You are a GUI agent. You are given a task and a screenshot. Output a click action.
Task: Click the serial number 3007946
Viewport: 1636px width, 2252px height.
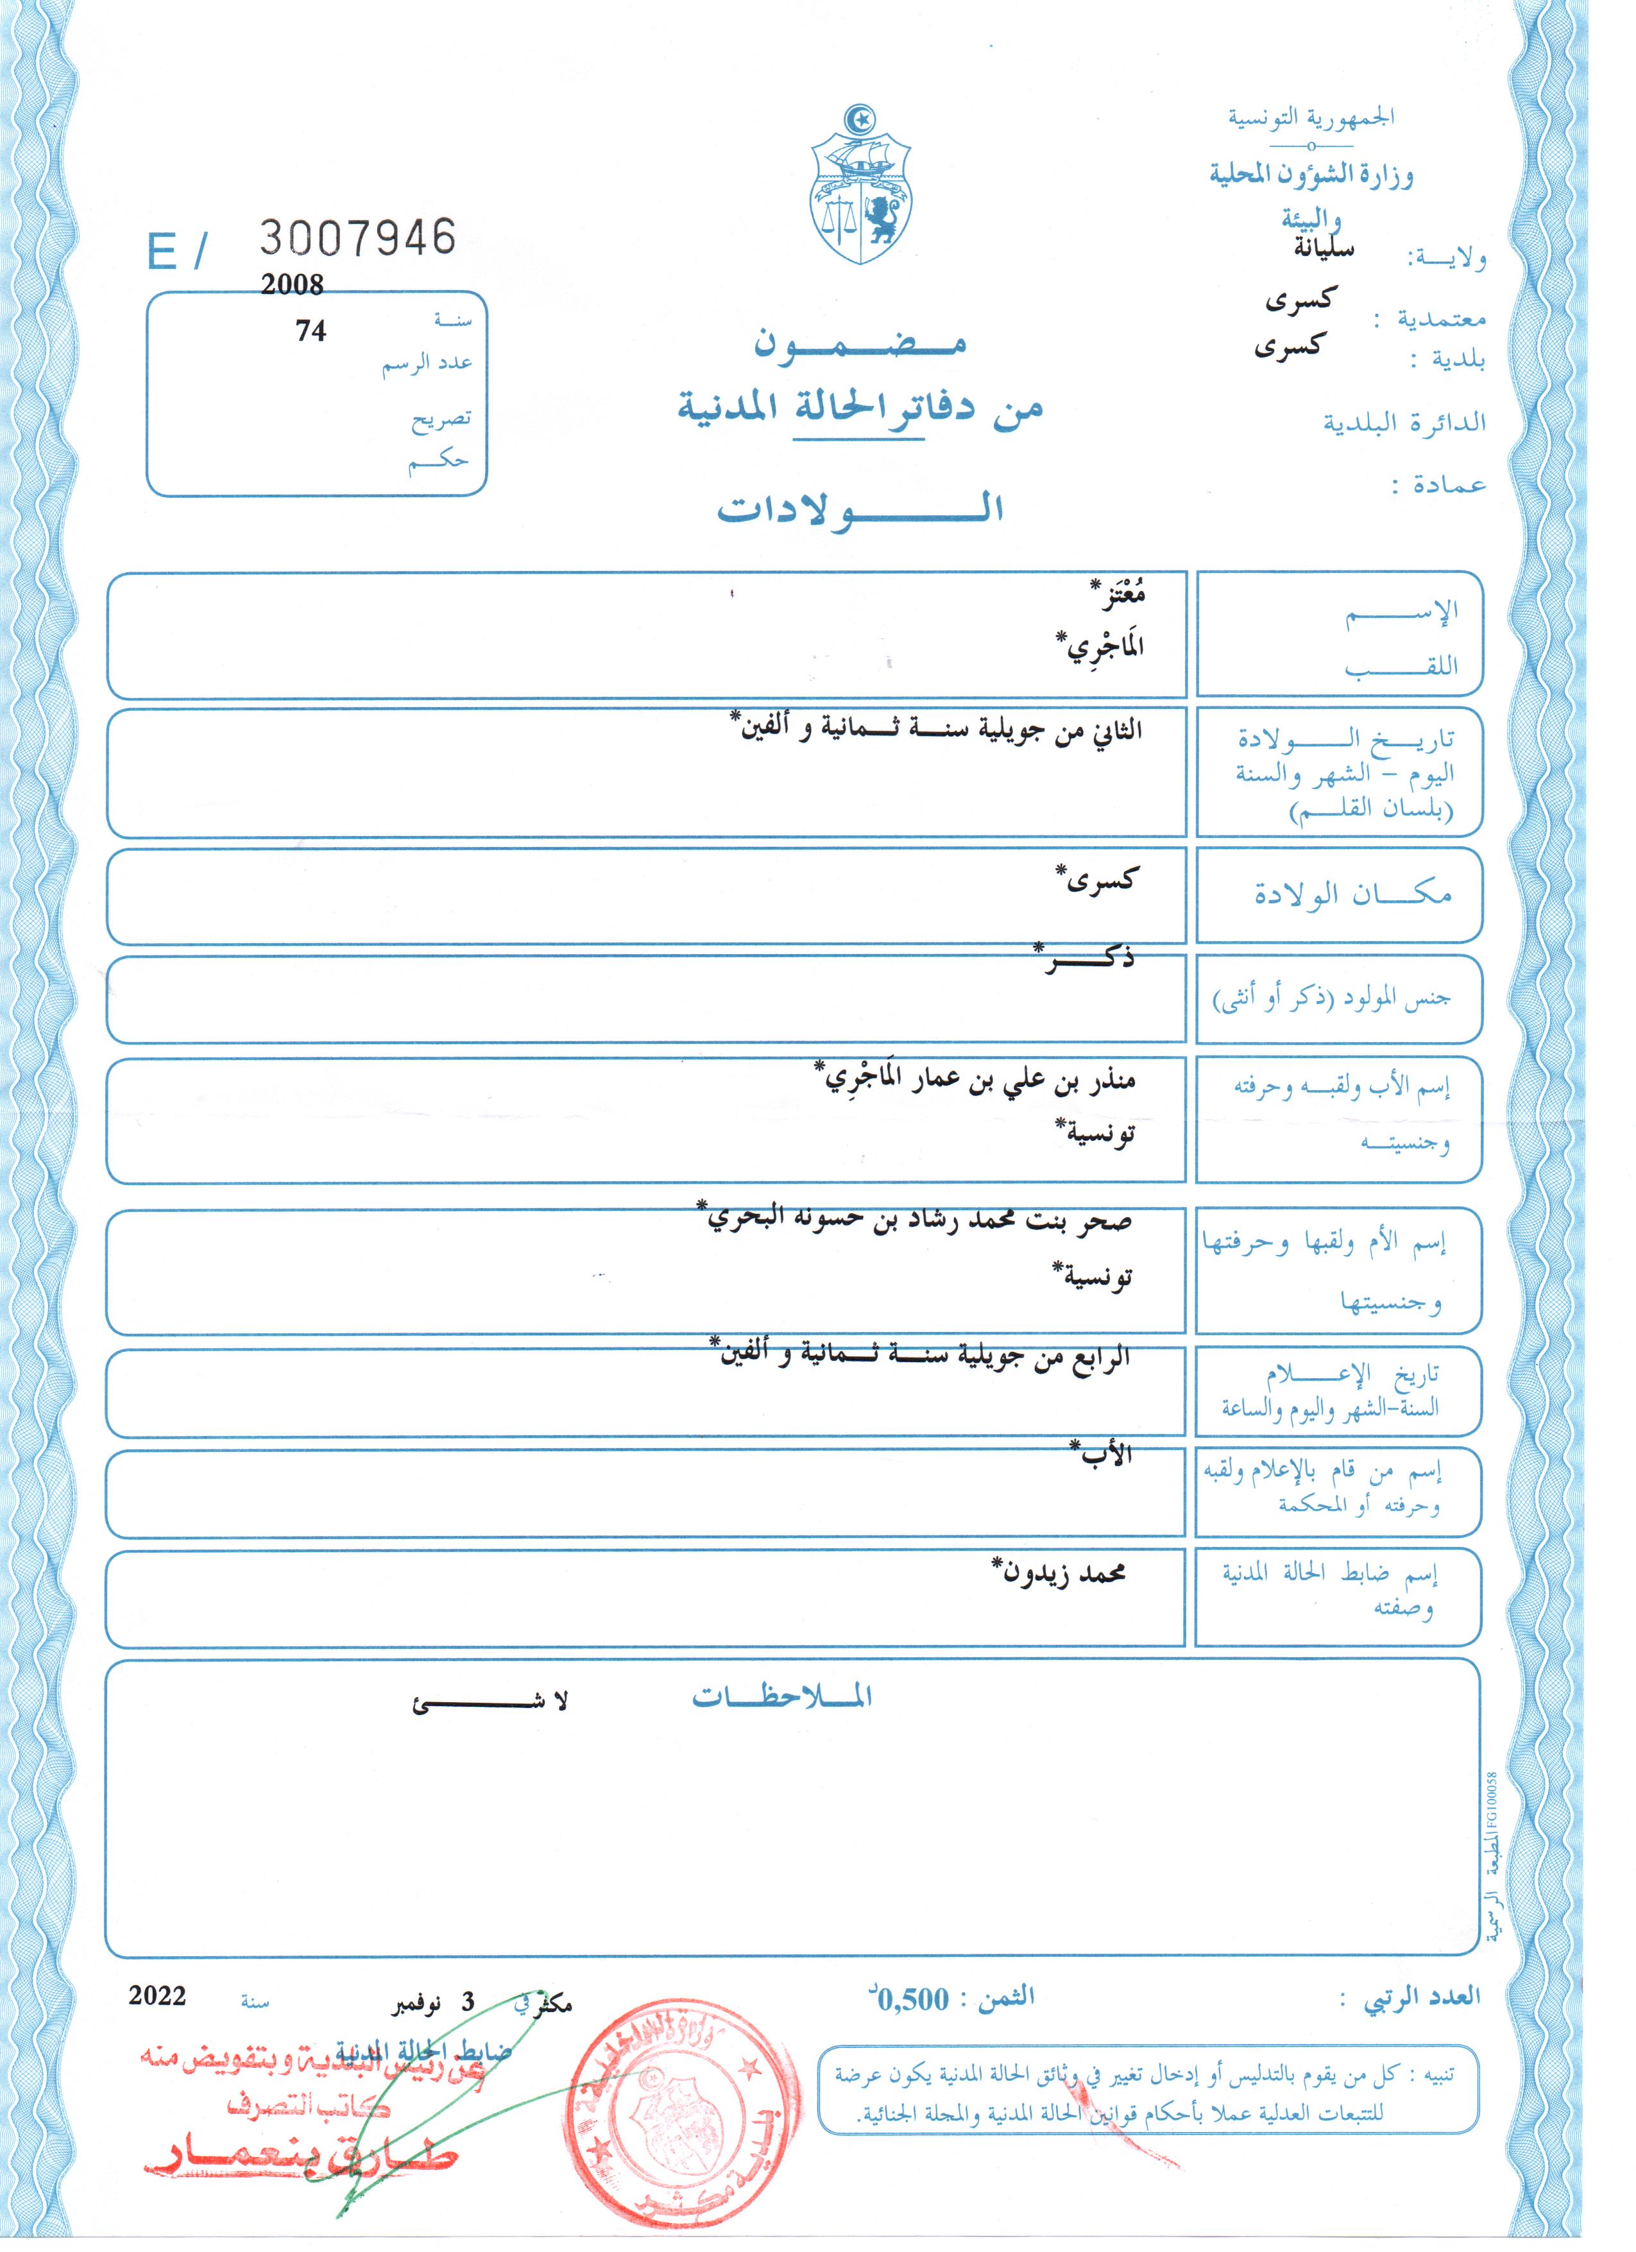click(357, 238)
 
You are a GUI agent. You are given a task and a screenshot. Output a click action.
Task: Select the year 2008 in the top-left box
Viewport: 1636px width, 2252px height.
click(292, 285)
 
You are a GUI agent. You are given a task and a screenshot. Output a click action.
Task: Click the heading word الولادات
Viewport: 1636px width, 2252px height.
click(860, 508)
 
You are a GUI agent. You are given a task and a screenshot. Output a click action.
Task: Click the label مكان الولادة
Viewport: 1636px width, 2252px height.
click(1352, 894)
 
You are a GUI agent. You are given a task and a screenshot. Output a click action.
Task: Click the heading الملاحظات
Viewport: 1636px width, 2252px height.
click(782, 1696)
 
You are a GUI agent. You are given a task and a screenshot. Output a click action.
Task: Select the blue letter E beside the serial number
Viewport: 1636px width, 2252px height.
click(162, 252)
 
